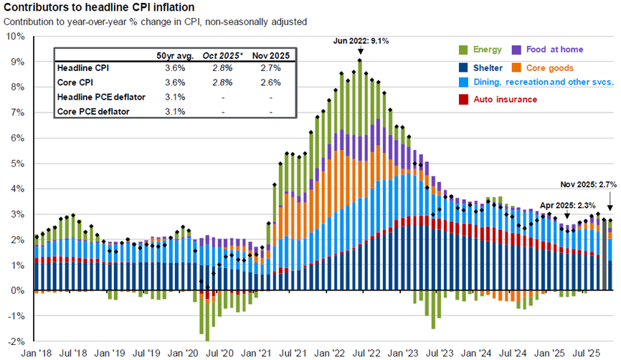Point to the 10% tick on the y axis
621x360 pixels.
coord(15,36)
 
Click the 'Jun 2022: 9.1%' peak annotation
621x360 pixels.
coord(361,42)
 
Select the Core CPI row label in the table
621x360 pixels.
coord(77,82)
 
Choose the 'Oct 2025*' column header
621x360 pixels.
coord(224,55)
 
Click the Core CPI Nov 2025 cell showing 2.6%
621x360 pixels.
coord(272,82)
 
